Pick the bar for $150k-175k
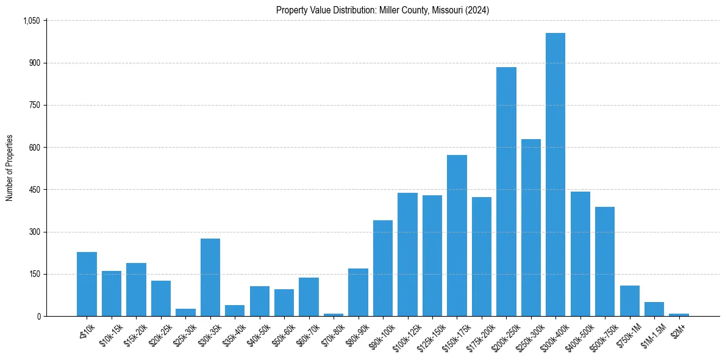tap(457, 236)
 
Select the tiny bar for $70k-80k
tap(334, 314)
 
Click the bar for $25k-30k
tap(185, 312)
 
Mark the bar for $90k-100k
tap(382, 268)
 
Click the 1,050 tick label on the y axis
tap(31, 21)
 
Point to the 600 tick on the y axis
tap(34, 148)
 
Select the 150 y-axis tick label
tap(34, 274)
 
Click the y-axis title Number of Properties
tap(9, 168)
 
